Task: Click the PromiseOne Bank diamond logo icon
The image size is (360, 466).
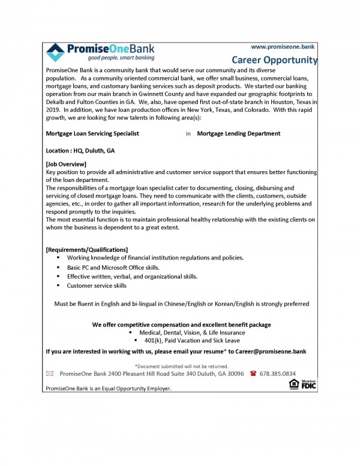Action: [57, 52]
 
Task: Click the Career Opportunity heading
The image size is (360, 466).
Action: [274, 60]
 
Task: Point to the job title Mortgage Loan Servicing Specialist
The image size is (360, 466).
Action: [92, 133]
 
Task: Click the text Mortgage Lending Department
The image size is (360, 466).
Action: [238, 133]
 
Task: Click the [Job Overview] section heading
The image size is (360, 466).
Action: [66, 164]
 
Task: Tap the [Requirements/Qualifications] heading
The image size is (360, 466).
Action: [87, 249]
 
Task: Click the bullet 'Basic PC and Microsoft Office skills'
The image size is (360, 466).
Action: [117, 267]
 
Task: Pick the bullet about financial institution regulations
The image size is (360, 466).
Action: [155, 258]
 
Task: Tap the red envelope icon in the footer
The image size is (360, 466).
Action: [50, 374]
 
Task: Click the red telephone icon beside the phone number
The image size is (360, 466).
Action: [253, 373]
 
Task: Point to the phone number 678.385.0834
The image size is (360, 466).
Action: [278, 373]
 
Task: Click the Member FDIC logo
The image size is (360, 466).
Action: [308, 384]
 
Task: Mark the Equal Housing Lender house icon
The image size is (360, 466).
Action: [293, 384]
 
